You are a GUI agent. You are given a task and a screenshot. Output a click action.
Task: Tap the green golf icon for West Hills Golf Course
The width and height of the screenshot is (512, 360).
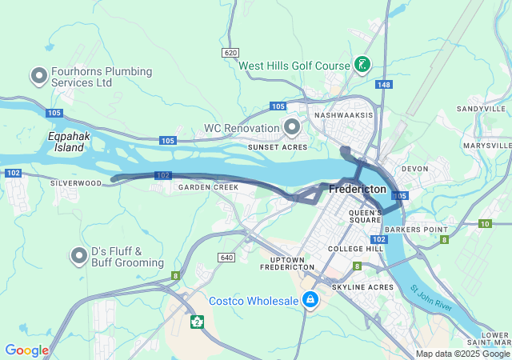(x=362, y=64)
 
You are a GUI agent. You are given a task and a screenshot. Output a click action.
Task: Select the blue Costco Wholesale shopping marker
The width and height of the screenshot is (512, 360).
(x=310, y=301)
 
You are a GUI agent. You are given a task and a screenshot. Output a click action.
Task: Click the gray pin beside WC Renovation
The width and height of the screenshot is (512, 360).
(x=292, y=127)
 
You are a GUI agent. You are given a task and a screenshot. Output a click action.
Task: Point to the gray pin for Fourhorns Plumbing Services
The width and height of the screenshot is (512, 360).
(x=38, y=76)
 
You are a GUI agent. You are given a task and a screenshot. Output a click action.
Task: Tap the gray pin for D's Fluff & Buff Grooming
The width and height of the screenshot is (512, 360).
(x=78, y=255)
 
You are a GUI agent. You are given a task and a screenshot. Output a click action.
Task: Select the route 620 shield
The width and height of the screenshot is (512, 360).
(x=231, y=52)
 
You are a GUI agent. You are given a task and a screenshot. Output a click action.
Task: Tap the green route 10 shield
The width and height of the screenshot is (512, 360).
(x=484, y=224)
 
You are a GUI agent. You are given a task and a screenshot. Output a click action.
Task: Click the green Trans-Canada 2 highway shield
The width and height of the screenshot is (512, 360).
(x=196, y=322)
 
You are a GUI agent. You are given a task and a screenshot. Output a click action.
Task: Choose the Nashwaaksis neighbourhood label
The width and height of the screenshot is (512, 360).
(x=344, y=115)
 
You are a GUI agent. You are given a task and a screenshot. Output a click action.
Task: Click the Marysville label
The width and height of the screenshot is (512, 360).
(x=486, y=146)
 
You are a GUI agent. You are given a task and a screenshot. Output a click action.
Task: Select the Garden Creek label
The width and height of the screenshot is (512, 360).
(x=208, y=187)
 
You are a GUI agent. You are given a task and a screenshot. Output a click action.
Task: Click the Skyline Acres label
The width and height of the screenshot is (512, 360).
(x=362, y=286)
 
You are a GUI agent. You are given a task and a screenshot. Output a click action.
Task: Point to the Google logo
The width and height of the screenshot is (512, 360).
(x=26, y=350)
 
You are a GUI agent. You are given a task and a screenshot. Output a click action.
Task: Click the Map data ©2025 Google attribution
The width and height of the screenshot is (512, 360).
(x=462, y=354)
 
